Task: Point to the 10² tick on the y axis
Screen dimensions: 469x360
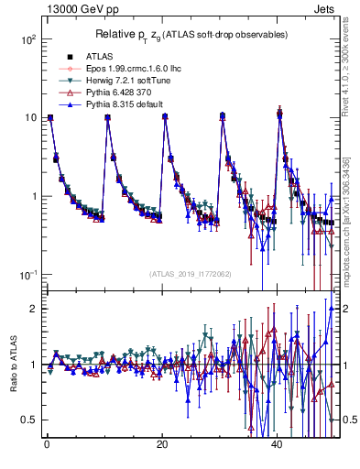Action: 30,39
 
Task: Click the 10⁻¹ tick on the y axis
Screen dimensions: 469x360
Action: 30,275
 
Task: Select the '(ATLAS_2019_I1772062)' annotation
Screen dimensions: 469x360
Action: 191,274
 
